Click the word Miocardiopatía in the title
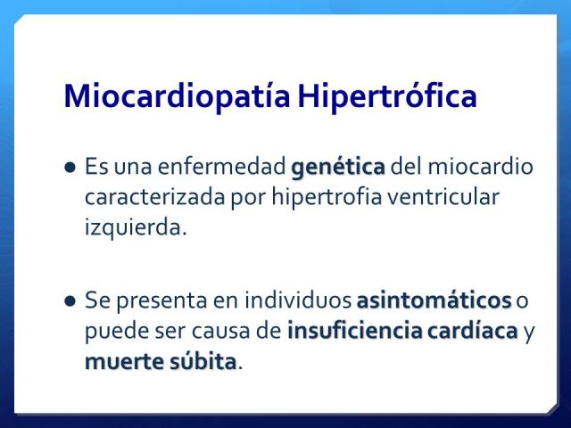177,96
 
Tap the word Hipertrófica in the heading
387,96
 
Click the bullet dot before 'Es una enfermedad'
70,168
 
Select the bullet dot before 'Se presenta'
70,301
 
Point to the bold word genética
338,168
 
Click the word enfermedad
222,167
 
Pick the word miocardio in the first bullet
480,167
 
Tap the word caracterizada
154,197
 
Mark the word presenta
161,301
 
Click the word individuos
298,300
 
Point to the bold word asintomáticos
434,300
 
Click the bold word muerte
125,362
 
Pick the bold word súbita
203,361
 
